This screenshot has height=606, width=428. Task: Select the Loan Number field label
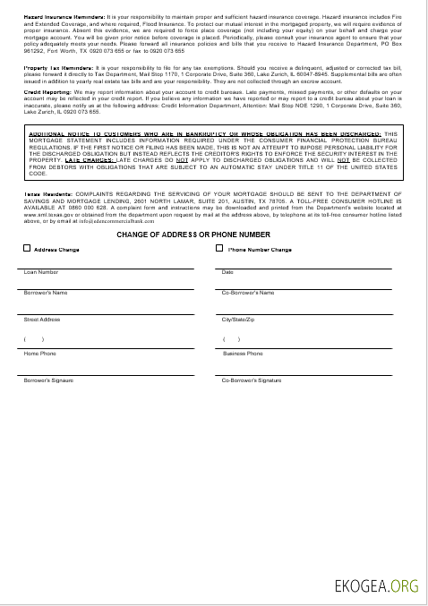(x=41, y=272)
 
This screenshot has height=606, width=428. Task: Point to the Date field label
(x=227, y=272)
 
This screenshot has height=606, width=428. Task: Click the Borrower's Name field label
(x=46, y=293)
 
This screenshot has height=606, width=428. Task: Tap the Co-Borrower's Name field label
(x=247, y=293)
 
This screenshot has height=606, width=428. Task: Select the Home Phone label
(x=39, y=354)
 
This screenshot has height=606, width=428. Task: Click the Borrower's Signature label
(x=48, y=380)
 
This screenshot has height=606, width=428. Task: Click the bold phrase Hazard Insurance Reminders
(x=55, y=17)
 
